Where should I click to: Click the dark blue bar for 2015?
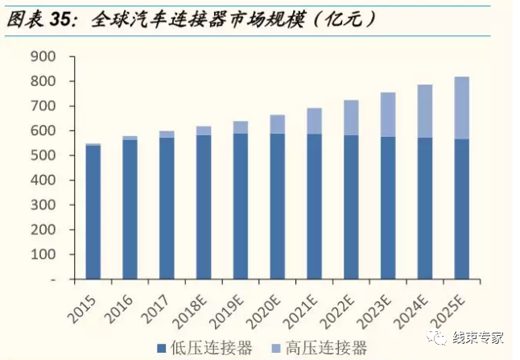[x=93, y=213]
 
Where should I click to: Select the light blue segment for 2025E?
[x=461, y=108]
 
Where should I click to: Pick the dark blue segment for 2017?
[x=167, y=209]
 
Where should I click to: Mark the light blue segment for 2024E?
[x=425, y=111]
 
